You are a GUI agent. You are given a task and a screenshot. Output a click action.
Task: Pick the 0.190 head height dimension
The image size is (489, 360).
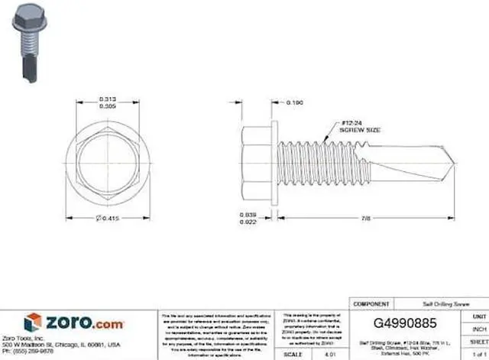294,102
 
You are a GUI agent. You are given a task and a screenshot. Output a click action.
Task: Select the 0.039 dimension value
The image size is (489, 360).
246,215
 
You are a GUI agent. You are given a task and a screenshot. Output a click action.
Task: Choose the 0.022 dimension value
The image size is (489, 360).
246,222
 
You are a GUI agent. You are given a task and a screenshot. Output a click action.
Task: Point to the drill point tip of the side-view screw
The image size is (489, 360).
456,163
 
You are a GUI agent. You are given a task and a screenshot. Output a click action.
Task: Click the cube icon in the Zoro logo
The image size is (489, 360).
32,323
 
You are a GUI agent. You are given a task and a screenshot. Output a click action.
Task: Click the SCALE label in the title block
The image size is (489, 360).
293,355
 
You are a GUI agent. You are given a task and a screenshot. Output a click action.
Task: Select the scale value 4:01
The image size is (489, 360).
330,355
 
